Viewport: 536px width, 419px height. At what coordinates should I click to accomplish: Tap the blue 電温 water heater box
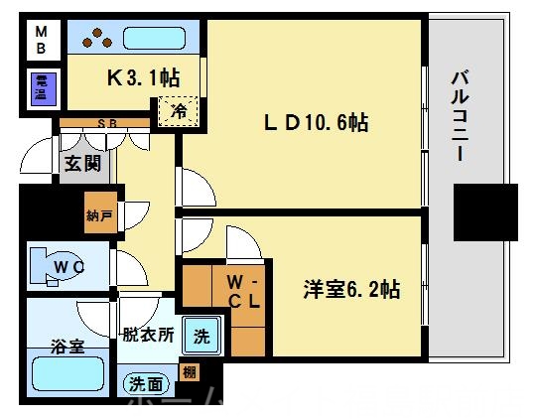click(x=42, y=88)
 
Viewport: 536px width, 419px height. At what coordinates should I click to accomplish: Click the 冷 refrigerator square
click(x=180, y=110)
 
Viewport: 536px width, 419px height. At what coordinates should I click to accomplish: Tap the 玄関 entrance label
click(x=80, y=164)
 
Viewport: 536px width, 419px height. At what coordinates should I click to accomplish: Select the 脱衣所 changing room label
click(x=149, y=336)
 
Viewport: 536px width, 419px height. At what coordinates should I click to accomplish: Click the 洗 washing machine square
click(x=201, y=337)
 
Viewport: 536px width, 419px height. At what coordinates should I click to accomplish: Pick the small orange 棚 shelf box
click(x=189, y=374)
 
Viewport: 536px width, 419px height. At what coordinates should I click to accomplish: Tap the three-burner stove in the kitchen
click(x=97, y=39)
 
